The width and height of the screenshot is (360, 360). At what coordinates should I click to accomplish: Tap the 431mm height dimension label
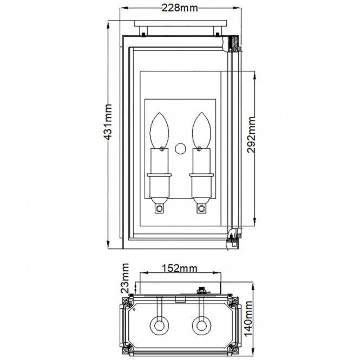tap(108, 122)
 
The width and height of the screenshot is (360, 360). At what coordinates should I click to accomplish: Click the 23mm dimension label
tap(126, 277)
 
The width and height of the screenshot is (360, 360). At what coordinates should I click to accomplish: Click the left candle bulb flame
tap(160, 128)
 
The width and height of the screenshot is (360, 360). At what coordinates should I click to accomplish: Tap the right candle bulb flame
tap(201, 128)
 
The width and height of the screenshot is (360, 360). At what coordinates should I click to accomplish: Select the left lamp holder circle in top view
tap(160, 326)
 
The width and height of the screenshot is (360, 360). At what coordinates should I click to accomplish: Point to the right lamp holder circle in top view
tap(201, 326)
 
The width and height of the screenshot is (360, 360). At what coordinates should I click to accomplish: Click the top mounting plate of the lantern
tap(181, 27)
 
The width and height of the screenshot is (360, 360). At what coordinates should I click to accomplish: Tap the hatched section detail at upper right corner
tap(235, 42)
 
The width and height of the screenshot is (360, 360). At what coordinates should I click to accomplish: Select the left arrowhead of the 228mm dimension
tap(122, 8)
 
